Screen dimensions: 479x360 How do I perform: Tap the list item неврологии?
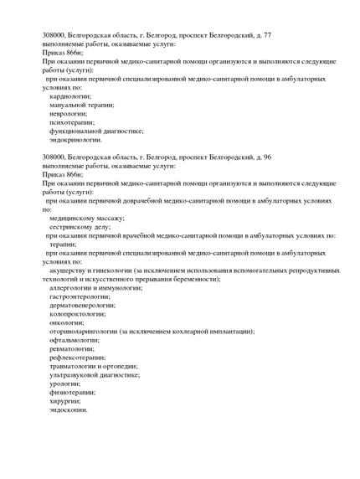[69, 113]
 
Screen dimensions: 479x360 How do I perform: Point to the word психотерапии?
[72, 122]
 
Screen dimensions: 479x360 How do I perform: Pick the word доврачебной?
[153, 201]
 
